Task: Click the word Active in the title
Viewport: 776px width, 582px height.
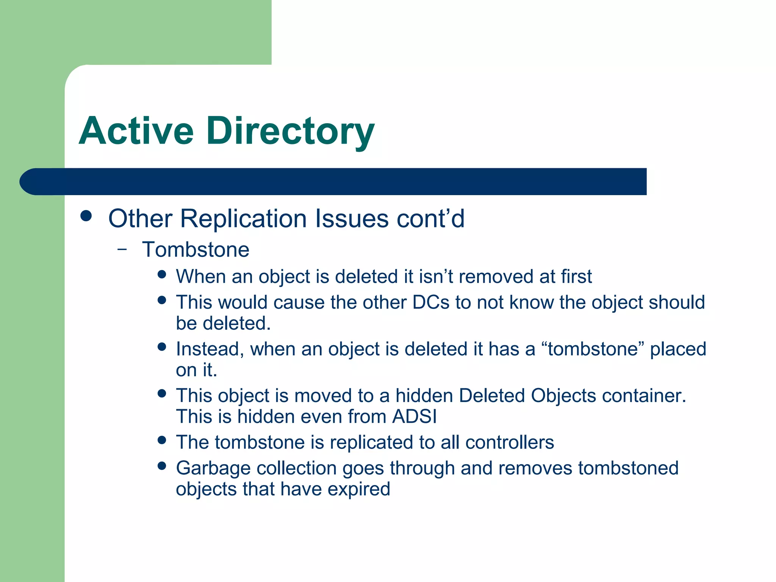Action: [136, 131]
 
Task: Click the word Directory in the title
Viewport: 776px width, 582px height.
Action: [290, 131]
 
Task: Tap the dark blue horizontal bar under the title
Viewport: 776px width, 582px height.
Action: [333, 181]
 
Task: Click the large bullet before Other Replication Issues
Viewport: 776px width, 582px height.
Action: [86, 216]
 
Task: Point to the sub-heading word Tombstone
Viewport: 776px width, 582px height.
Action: [196, 250]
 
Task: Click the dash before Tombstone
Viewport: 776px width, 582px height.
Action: [122, 249]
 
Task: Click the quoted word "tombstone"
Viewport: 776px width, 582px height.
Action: [593, 349]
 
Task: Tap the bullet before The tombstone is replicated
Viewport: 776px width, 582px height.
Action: [162, 440]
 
